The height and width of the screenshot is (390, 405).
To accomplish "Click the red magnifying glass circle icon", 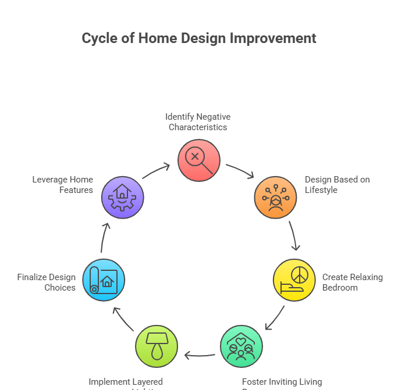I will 199,160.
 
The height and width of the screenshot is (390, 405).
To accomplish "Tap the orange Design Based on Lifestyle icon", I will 275,198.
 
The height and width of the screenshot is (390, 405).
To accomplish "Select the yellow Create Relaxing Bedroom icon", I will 294,280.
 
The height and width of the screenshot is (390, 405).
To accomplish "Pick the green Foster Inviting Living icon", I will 241,346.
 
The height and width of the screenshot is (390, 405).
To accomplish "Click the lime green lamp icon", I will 156,346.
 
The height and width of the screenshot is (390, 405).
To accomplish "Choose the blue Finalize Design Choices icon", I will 104,280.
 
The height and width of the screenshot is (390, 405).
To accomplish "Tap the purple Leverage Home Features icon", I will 122,198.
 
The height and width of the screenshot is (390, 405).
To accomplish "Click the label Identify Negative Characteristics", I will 198,122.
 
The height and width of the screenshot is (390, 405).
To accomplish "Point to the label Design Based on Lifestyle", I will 337,185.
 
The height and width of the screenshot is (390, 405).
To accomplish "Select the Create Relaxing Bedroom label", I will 352,282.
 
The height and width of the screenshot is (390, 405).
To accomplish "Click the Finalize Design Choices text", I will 47,282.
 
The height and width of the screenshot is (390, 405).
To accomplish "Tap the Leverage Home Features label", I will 63,185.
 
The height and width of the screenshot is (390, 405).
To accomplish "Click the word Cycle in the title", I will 100,39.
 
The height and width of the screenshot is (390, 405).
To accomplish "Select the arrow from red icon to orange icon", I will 240,171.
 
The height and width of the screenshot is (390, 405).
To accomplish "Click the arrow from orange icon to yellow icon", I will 294,236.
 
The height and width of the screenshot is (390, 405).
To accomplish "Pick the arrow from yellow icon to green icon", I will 275,319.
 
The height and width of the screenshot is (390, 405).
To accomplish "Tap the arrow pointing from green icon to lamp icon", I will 199,355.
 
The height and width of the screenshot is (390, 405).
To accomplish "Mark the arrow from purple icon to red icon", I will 156,171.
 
